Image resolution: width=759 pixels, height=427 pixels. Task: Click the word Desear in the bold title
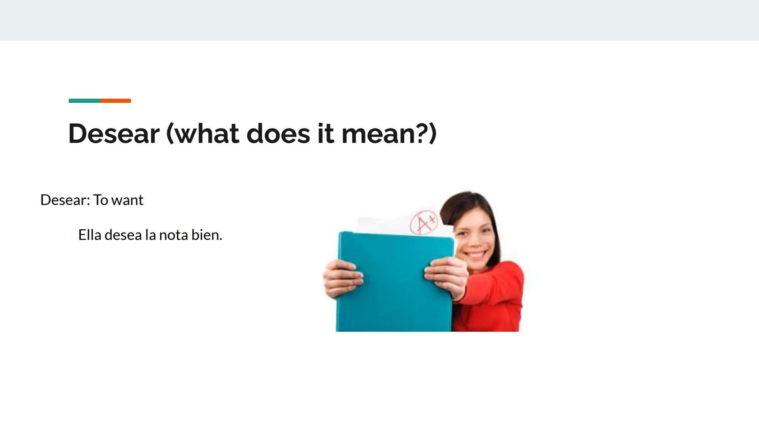click(x=114, y=133)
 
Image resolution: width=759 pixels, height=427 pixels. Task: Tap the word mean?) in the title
click(x=389, y=134)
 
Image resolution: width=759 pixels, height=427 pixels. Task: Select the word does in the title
click(x=278, y=133)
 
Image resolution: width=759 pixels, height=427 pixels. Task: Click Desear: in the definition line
click(x=65, y=200)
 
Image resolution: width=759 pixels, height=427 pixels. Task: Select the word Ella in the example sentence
click(x=90, y=235)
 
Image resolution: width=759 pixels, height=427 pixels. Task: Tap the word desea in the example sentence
click(x=123, y=235)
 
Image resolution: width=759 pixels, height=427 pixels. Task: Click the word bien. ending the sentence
click(x=207, y=235)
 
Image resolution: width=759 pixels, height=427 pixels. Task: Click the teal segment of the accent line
click(x=84, y=101)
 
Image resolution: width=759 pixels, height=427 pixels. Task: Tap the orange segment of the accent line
click(x=115, y=101)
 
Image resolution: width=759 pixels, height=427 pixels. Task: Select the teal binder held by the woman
click(x=395, y=282)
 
